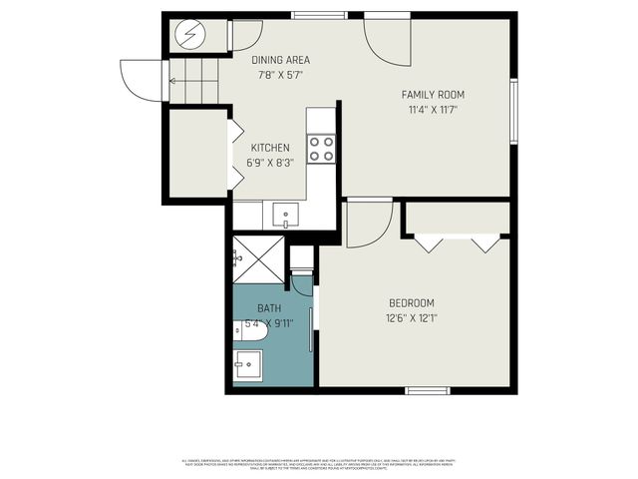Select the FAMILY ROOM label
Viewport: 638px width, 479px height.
pos(433,95)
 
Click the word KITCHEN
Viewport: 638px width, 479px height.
pos(270,148)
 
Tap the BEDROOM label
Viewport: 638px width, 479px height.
pos(411,303)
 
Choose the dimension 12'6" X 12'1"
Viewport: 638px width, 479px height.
pos(411,318)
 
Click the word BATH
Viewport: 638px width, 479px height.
pos(269,308)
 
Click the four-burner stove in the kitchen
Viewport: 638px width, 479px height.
pos(320,150)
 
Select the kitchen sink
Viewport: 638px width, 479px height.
pos(285,214)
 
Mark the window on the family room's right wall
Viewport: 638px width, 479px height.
pos(514,109)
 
